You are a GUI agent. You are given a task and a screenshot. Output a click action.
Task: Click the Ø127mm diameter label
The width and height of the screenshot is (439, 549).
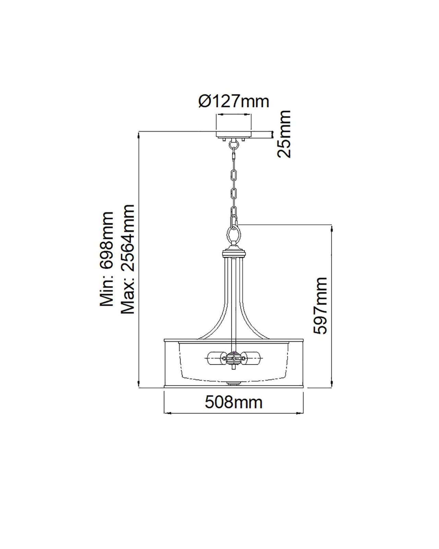click(x=234, y=102)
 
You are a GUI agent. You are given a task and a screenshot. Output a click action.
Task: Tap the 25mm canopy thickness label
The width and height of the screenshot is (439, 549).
click(x=284, y=134)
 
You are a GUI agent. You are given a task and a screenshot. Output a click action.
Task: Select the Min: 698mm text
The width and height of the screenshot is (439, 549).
click(x=106, y=259)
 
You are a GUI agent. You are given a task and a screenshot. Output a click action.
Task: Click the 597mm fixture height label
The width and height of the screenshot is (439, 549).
click(x=320, y=306)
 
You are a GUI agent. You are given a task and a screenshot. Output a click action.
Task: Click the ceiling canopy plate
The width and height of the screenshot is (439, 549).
click(x=234, y=135)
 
